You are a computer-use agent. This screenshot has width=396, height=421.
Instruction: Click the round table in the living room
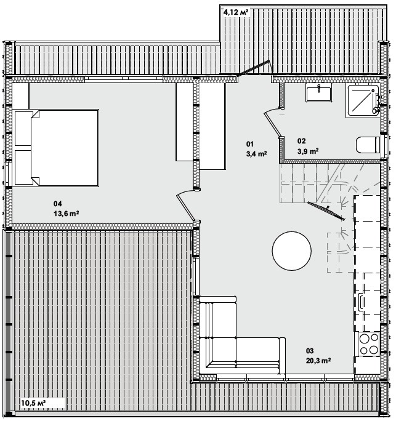tap(291, 251)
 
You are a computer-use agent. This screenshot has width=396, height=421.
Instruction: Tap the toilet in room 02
tap(368, 145)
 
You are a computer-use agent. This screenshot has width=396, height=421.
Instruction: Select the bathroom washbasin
tap(318, 92)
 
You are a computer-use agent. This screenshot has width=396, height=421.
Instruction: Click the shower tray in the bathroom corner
tap(363, 100)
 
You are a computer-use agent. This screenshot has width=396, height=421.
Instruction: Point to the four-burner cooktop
tap(367, 344)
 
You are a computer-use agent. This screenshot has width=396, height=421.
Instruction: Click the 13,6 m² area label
tap(66, 214)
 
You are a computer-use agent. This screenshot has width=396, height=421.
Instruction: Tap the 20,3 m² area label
tap(318, 361)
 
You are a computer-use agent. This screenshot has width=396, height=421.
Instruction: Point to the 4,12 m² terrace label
tap(236, 12)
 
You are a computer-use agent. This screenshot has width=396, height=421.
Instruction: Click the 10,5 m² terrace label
tap(33, 403)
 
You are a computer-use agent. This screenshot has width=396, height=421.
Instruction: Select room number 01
tap(250, 144)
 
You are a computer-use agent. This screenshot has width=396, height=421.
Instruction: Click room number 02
tap(301, 141)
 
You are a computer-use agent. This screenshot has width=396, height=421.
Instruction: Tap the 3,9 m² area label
tap(308, 151)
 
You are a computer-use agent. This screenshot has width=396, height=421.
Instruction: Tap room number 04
tap(57, 204)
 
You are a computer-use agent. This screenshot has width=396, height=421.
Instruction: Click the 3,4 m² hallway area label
tap(256, 154)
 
